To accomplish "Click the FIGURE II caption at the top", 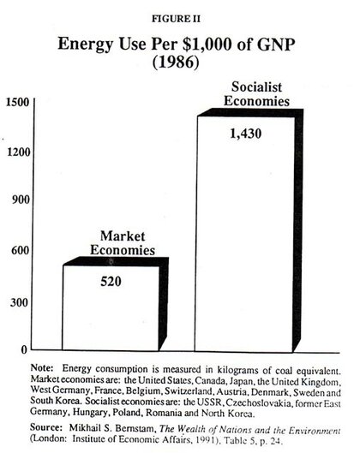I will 180,15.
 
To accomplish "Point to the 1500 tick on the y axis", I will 18,102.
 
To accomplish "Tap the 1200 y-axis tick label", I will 18,152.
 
